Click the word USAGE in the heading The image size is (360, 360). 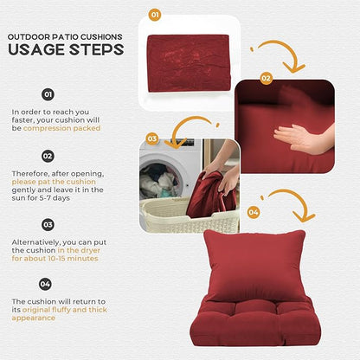[36, 49]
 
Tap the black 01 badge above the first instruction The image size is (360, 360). [48, 94]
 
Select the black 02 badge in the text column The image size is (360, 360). [48, 156]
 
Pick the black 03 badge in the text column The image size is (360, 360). [48, 225]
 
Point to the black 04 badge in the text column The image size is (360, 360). [45, 284]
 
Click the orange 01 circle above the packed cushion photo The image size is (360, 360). [155, 15]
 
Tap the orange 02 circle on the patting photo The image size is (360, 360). [266, 78]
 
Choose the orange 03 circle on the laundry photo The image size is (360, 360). [152, 138]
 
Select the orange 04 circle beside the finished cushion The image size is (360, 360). [254, 213]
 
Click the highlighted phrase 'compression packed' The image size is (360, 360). [61, 128]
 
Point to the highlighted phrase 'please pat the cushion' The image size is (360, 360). [54, 182]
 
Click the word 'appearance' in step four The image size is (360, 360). [34, 318]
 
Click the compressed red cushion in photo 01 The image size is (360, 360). [189, 63]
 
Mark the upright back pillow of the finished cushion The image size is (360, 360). [254, 266]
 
